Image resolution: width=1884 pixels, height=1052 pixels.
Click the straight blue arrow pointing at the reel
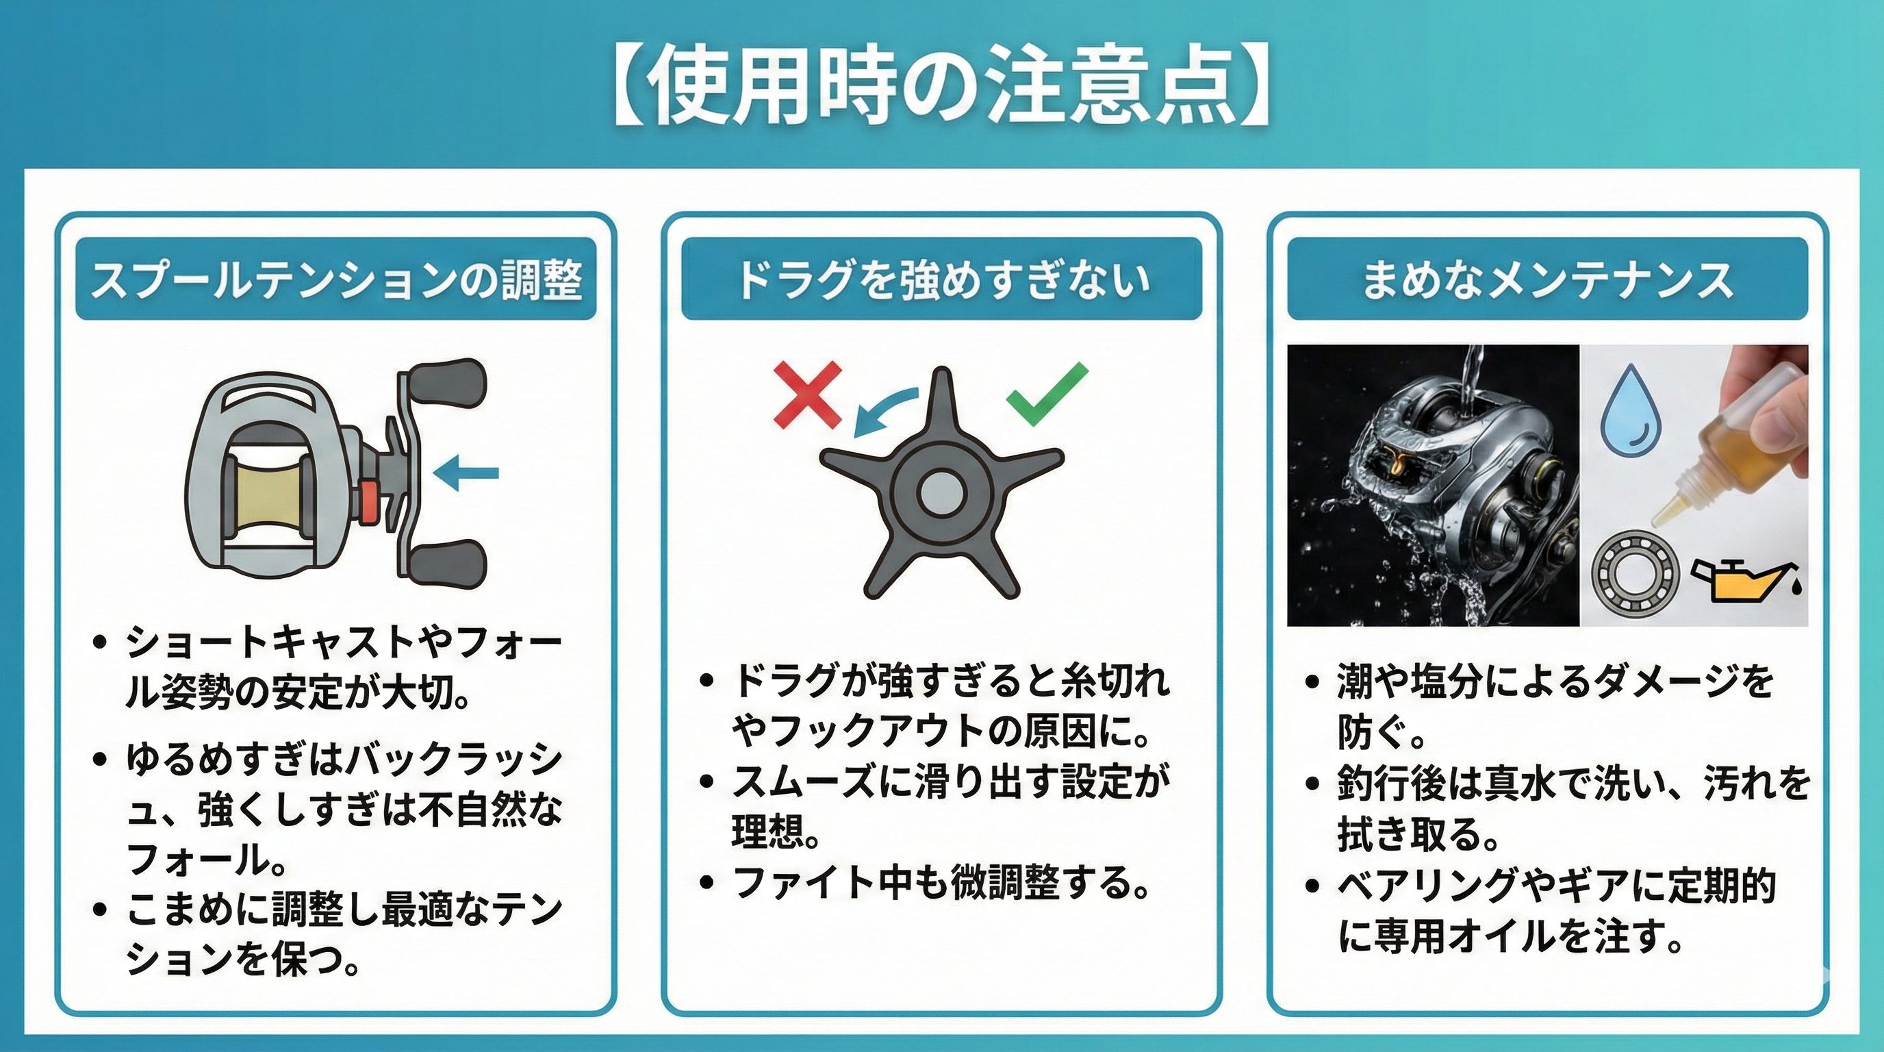[x=466, y=473]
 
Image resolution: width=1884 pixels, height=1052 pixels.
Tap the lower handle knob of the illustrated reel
[x=448, y=563]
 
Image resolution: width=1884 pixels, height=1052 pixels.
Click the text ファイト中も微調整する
[x=940, y=882]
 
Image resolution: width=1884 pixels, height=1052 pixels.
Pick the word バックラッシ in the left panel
[x=453, y=760]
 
